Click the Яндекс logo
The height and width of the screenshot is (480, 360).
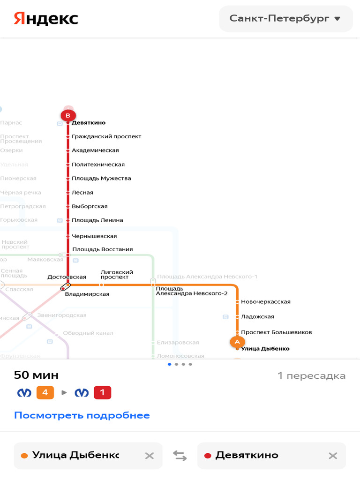(46, 19)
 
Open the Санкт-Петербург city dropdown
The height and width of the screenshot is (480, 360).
(285, 19)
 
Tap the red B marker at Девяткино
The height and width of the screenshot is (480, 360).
(68, 115)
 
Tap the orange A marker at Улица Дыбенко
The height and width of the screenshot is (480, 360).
(237, 342)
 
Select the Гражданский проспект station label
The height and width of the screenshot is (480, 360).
(106, 136)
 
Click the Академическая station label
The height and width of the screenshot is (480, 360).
(95, 150)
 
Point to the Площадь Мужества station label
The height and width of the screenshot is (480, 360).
(101, 178)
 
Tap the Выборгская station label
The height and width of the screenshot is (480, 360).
(90, 206)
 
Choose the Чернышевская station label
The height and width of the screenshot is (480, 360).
(94, 236)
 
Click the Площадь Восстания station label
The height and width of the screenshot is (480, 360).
(102, 249)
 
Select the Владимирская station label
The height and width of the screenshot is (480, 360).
(87, 294)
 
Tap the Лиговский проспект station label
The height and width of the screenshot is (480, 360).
(117, 274)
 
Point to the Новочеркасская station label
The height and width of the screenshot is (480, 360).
(266, 301)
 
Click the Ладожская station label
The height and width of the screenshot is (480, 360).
(257, 316)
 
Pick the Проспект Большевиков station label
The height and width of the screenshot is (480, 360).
(276, 332)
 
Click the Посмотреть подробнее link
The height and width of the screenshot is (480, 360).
(82, 415)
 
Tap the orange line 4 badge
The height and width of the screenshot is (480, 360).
(45, 392)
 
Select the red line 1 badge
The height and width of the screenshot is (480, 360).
(103, 392)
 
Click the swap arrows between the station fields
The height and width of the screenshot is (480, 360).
(180, 455)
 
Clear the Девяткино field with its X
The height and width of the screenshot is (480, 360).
(333, 455)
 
